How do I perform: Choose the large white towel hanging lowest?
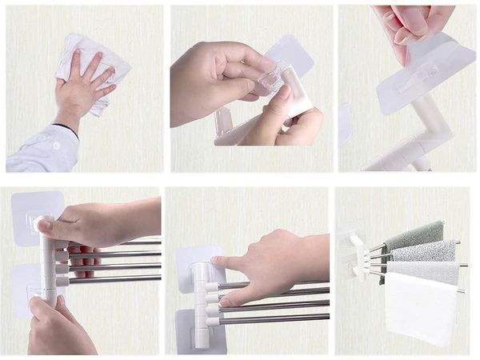click(x=420, y=308)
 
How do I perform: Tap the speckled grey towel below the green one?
click(x=424, y=252)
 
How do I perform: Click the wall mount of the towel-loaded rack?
click(x=350, y=252)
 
